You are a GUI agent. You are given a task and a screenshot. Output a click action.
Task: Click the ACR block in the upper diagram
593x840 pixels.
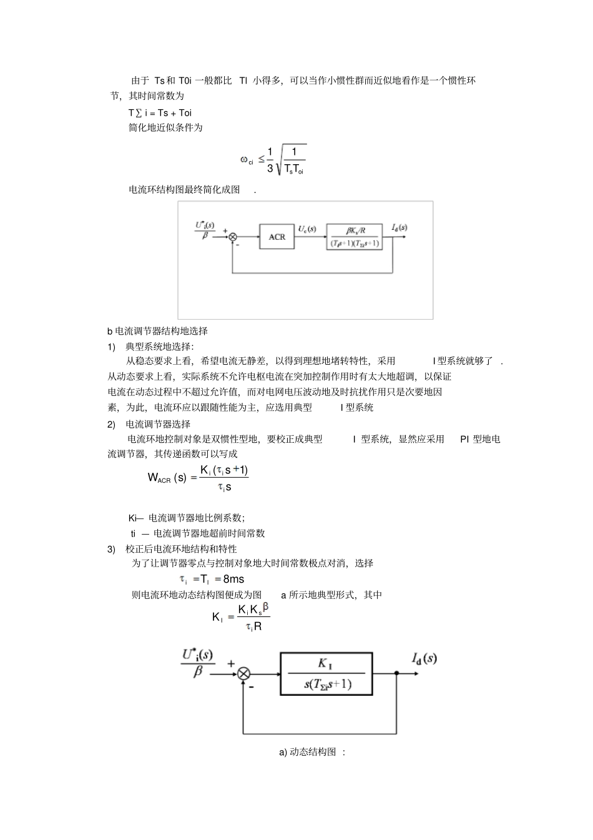277,237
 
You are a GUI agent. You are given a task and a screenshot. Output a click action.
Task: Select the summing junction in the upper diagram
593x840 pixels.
233,237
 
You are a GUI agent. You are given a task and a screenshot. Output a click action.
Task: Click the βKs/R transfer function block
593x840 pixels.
354,237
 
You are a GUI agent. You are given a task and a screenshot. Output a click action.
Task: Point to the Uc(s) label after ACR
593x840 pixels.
306,229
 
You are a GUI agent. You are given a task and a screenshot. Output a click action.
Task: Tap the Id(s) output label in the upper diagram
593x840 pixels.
399,227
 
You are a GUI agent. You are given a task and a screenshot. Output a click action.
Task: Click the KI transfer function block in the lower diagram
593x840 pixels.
327,673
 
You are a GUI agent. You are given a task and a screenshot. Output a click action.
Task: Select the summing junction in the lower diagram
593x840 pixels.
244,673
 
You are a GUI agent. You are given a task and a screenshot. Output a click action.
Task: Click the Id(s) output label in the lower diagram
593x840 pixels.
424,658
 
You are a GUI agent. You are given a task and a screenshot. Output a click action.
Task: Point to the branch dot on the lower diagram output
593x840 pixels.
397,673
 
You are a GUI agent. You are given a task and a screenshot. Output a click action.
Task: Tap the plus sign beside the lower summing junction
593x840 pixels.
231,664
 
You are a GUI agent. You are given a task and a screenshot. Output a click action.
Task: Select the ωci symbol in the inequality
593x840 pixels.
247,160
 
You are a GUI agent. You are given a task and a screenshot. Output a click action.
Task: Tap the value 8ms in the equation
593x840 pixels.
233,579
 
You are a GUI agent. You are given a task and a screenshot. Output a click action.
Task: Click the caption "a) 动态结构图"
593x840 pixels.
311,752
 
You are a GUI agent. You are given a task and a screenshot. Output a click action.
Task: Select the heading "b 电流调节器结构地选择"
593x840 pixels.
157,330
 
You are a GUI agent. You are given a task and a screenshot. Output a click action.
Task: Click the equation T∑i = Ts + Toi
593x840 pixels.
160,112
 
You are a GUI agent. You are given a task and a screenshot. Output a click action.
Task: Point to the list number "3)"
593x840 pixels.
111,548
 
